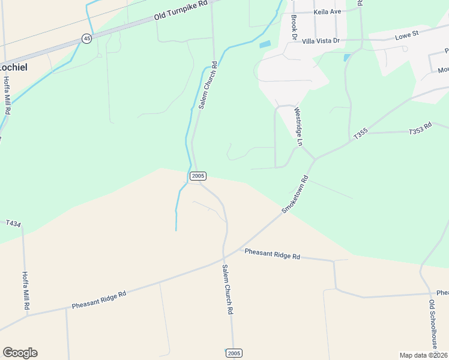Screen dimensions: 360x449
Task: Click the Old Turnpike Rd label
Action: click(180, 11)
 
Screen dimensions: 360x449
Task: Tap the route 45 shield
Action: click(87, 38)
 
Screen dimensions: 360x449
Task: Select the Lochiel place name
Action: click(13, 67)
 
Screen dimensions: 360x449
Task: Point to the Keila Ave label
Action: click(327, 11)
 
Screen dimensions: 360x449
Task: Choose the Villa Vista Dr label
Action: click(321, 41)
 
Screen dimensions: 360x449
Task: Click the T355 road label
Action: click(360, 136)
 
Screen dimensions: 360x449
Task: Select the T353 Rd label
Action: click(420, 130)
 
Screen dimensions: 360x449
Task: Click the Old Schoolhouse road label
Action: click(432, 325)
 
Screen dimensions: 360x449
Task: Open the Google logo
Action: click(20, 353)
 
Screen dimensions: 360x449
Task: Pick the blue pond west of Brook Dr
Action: click(264, 44)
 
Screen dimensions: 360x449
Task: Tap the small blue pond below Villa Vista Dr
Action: click(346, 58)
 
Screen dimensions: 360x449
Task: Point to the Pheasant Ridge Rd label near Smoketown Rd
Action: click(273, 254)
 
